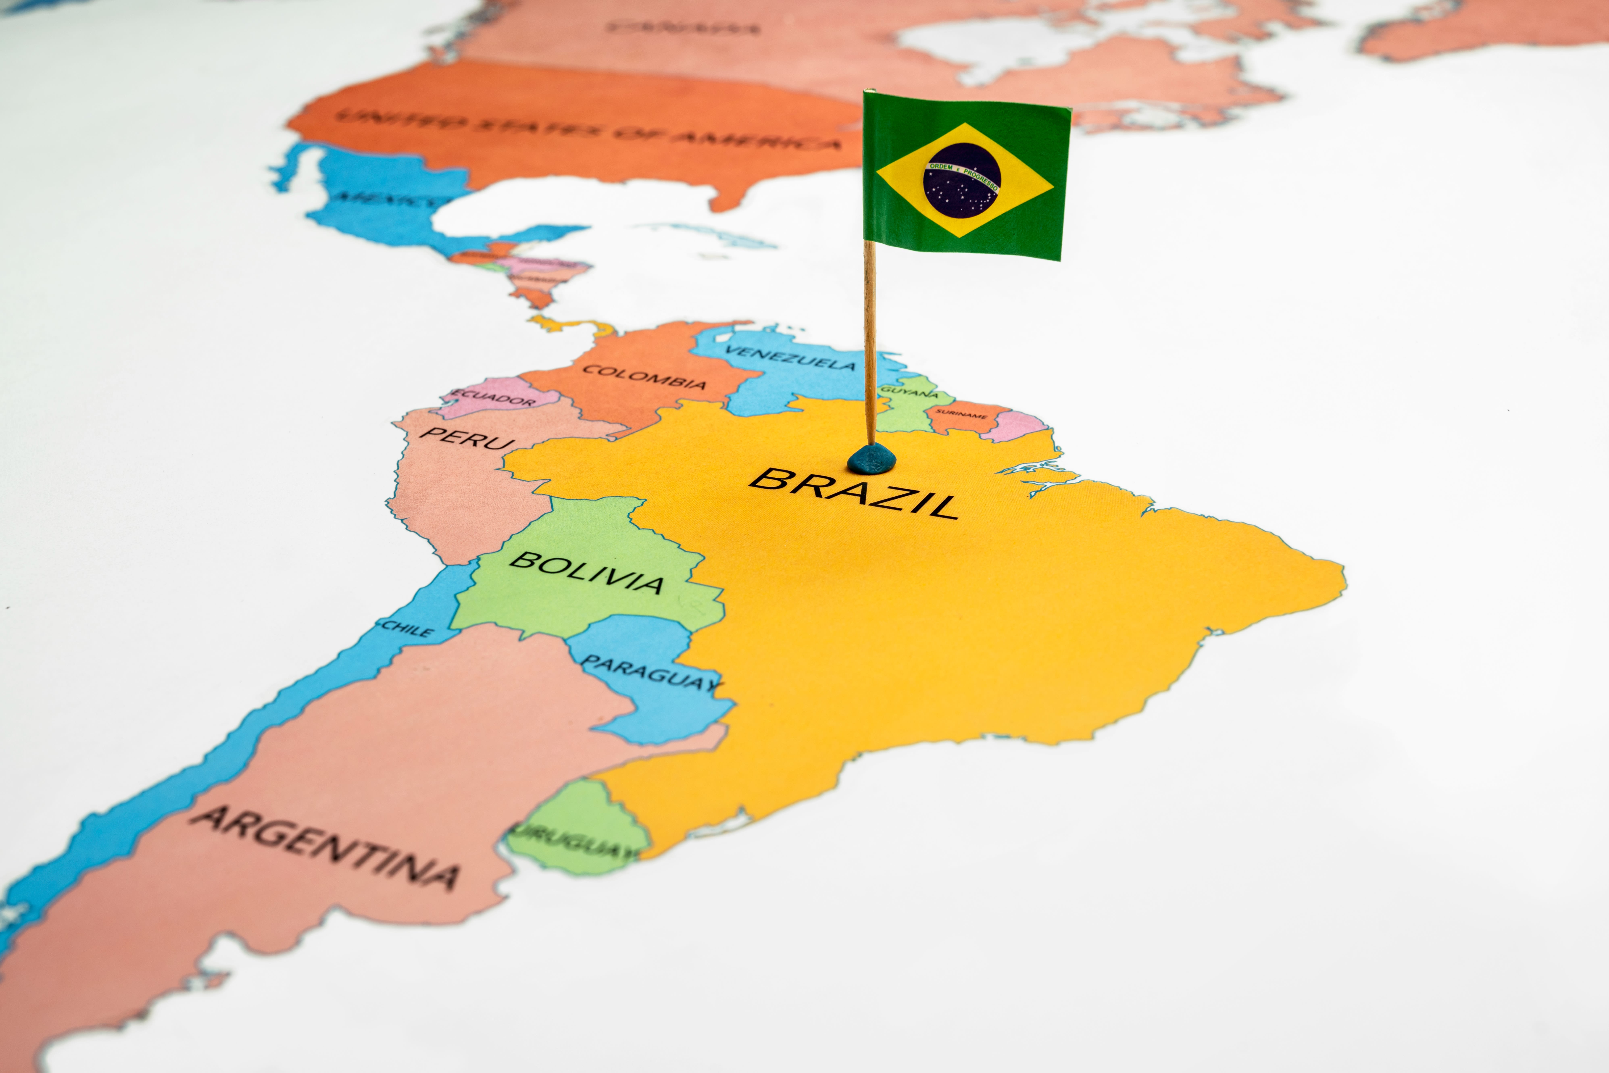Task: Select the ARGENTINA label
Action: pyautogui.click(x=325, y=847)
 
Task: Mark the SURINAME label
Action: pyautogui.click(x=961, y=414)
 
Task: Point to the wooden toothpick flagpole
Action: pyautogui.click(x=869, y=342)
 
